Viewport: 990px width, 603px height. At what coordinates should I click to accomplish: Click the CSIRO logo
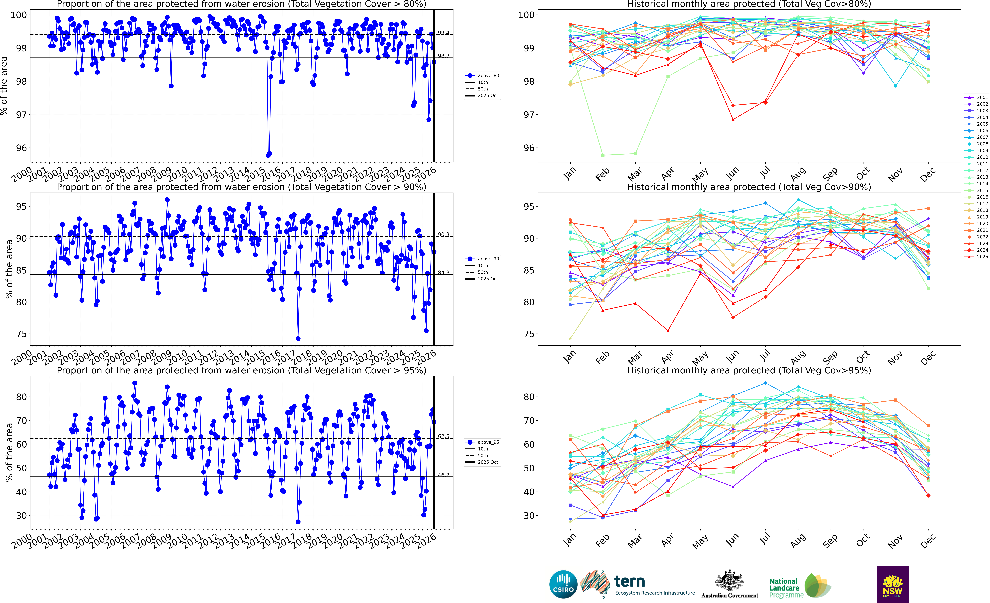coord(563,584)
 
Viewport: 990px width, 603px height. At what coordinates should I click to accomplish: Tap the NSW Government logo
coord(892,584)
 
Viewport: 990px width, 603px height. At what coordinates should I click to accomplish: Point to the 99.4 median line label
coord(444,33)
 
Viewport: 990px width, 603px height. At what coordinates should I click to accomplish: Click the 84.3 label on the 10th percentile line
coord(444,273)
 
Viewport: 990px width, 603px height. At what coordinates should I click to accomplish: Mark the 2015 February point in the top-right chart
coord(603,155)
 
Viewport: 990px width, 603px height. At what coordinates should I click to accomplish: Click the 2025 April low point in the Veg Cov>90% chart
coord(668,331)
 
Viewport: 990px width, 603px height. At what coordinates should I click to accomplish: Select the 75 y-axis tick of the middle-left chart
coord(21,334)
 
